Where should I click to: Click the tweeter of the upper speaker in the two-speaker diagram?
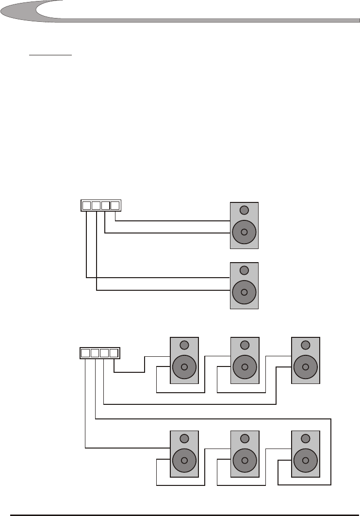click(x=244, y=210)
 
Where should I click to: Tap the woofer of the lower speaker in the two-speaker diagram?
click(x=244, y=292)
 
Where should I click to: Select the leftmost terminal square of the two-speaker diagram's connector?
click(x=86, y=205)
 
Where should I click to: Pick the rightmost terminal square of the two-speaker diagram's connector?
click(x=115, y=205)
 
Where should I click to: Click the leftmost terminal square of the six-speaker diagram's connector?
click(x=85, y=353)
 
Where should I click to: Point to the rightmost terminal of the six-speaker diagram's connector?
click(x=114, y=353)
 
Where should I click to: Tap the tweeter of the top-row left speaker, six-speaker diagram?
click(x=184, y=345)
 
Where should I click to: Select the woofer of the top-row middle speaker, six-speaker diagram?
click(x=245, y=367)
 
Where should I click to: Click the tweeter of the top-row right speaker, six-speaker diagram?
click(x=305, y=345)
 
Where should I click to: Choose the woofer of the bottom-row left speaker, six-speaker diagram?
click(x=184, y=460)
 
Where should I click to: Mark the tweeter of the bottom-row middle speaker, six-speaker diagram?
click(x=245, y=438)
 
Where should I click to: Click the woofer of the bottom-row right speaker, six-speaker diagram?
click(x=305, y=460)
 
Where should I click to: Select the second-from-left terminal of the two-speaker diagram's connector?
click(x=96, y=205)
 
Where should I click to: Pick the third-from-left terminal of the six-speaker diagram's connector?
click(x=104, y=353)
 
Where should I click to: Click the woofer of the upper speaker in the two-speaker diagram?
click(x=244, y=232)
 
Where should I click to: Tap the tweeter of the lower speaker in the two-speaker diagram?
click(x=244, y=270)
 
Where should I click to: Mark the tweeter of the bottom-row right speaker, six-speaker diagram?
click(x=305, y=438)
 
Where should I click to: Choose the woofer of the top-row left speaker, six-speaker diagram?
click(x=184, y=367)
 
